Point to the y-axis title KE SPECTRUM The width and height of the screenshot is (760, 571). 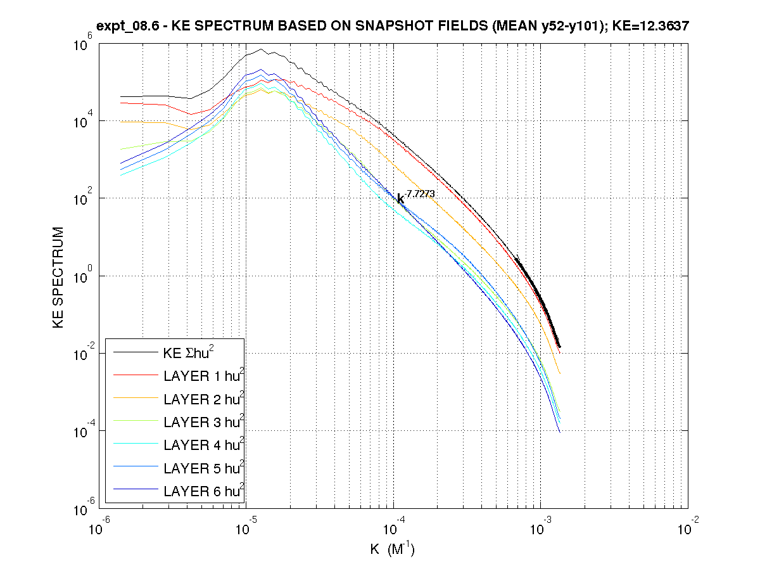coord(59,277)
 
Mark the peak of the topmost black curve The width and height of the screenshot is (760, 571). coord(261,49)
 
